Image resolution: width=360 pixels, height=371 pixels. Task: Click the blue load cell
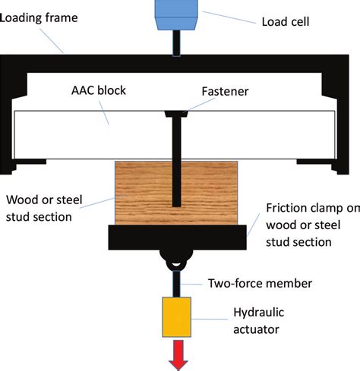point(176,14)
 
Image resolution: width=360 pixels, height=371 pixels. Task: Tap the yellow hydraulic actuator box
point(176,317)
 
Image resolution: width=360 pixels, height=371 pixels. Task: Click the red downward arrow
point(178,355)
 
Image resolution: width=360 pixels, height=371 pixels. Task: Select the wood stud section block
point(176,193)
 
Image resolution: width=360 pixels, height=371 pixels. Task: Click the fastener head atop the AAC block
point(176,114)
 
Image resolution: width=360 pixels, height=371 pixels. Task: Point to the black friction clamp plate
point(177,237)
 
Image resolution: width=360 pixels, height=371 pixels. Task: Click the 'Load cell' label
point(286,22)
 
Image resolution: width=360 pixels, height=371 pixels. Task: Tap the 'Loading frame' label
point(39,18)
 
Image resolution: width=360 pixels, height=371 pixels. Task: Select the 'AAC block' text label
point(99,90)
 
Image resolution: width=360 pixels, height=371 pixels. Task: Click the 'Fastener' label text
point(225,91)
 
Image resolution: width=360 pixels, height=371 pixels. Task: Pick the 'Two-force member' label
point(260,283)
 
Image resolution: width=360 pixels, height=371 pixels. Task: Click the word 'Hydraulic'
point(258,313)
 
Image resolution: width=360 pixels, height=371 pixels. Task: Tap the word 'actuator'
point(256,329)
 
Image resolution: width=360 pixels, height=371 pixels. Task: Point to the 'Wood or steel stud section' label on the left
point(44,208)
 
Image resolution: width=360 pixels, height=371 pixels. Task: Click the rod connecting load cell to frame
point(176,43)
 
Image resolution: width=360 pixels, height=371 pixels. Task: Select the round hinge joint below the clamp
point(176,260)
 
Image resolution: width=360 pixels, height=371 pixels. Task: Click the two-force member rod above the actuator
point(176,284)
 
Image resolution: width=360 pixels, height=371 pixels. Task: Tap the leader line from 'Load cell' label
point(229,17)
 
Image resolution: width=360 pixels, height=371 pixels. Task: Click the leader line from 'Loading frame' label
point(52,40)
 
